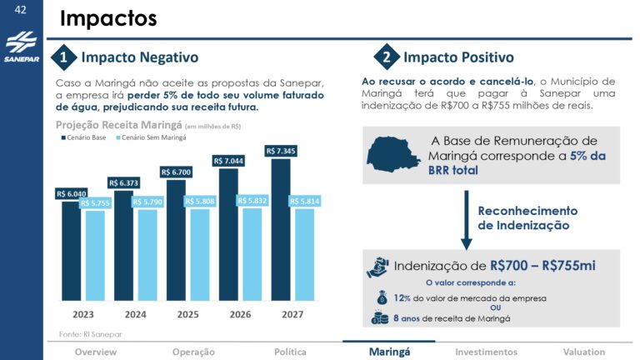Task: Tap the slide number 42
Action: click(21, 11)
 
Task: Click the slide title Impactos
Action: click(108, 18)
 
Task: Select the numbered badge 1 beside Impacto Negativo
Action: click(63, 57)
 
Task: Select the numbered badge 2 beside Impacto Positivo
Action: click(386, 57)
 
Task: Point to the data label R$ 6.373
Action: click(124, 182)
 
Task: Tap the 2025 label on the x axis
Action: click(187, 314)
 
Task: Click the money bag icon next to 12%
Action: click(382, 297)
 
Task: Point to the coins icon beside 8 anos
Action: click(380, 317)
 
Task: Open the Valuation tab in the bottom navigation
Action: click(583, 352)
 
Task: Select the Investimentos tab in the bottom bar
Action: click(486, 352)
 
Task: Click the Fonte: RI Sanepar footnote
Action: click(92, 332)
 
